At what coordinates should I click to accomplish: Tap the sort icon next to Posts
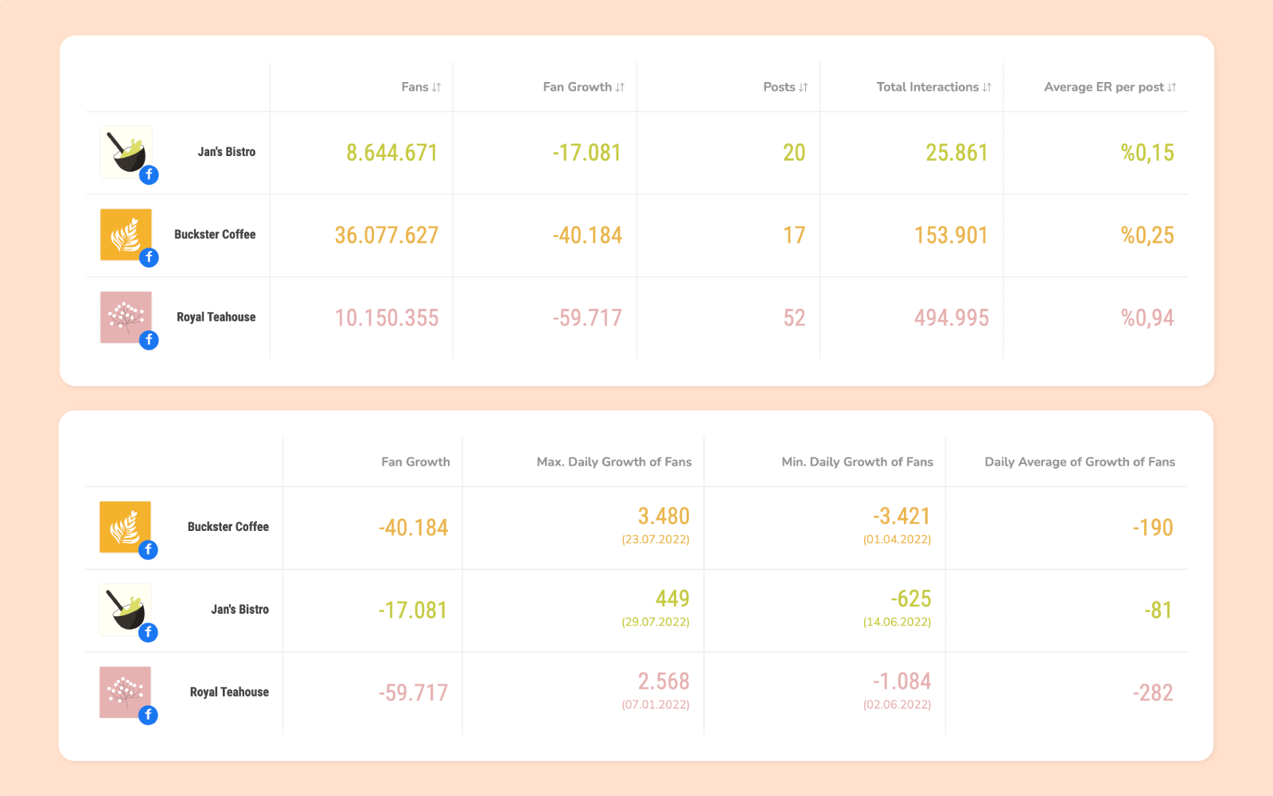804,88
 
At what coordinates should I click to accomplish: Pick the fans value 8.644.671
392,153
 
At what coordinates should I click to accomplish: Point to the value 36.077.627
387,236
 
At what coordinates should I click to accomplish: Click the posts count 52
794,318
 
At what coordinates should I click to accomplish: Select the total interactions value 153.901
951,236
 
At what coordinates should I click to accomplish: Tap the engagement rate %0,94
1147,318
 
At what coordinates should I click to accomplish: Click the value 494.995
952,318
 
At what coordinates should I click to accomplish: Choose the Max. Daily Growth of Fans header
614,462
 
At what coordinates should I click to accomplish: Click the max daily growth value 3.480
664,517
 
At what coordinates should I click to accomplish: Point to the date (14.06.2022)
897,622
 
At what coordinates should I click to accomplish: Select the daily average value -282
1153,693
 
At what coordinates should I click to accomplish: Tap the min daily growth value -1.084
901,681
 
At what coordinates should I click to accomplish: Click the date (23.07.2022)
656,539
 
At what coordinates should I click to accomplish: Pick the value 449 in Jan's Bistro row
672,599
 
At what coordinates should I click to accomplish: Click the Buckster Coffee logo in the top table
126,234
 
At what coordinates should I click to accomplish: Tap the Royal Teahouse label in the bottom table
229,693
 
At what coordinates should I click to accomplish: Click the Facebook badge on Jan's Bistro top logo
149,175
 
